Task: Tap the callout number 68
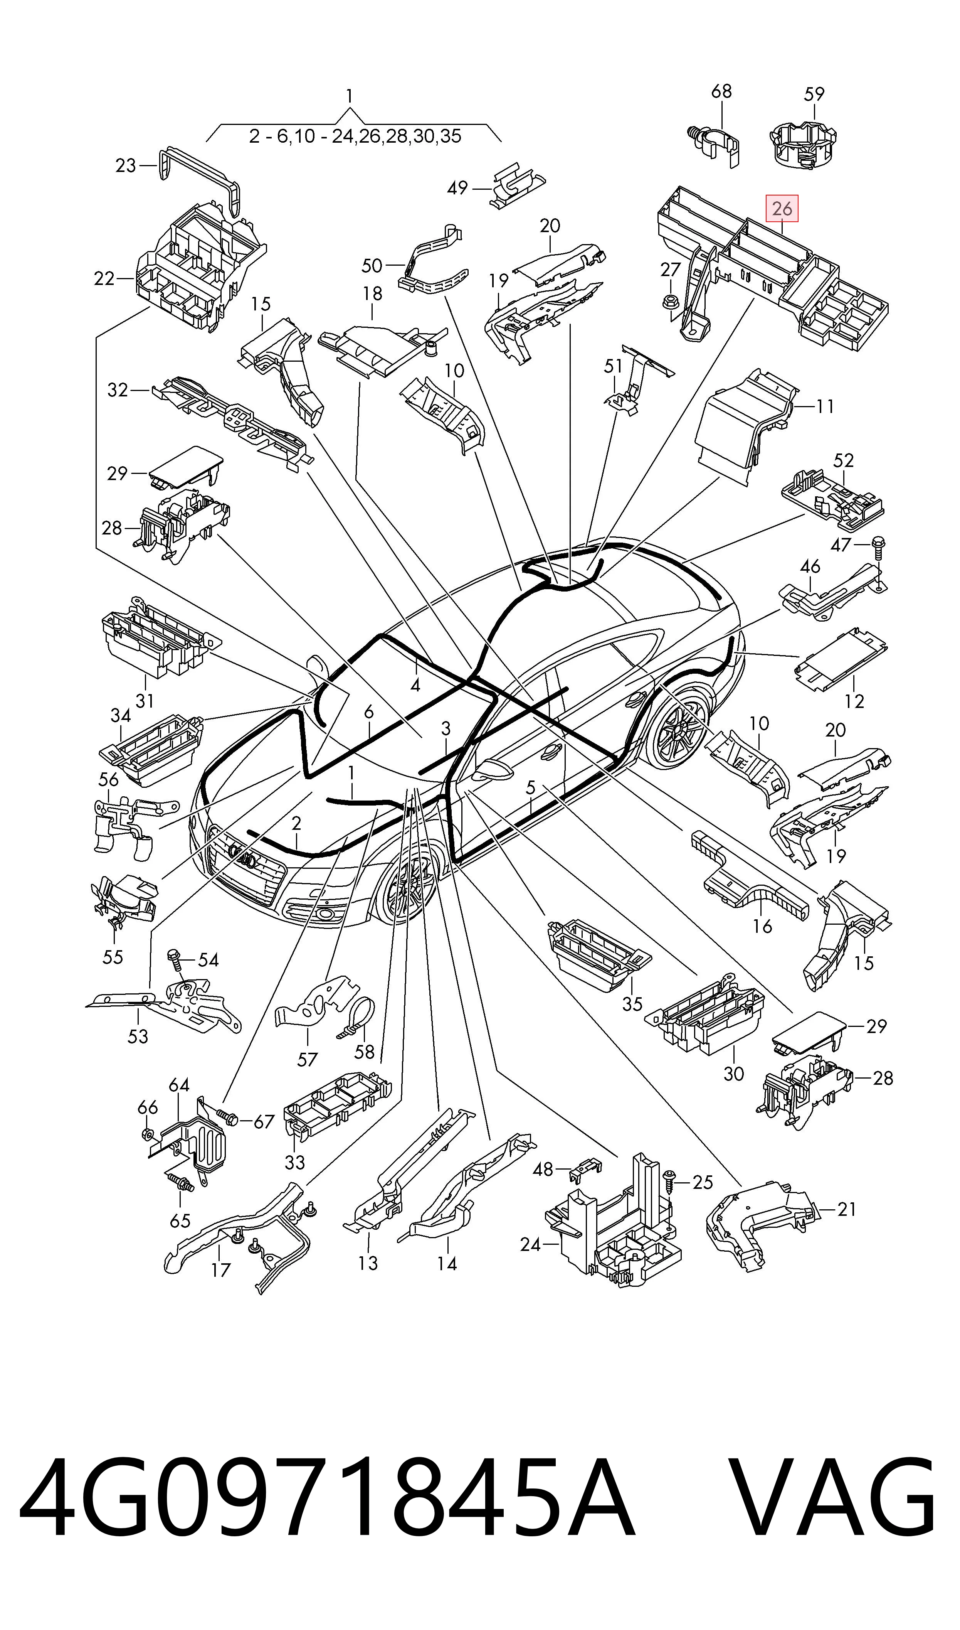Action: pos(721,91)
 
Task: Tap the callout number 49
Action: pos(457,188)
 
